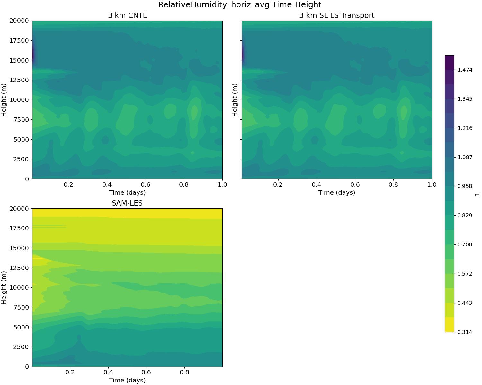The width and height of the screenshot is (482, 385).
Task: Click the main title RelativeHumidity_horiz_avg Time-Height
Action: pyautogui.click(x=239, y=5)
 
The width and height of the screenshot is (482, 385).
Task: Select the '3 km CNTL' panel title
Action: pyautogui.click(x=127, y=15)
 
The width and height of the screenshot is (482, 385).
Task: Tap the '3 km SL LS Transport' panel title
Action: pyautogui.click(x=336, y=15)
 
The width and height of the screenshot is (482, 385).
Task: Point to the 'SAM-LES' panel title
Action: pyautogui.click(x=127, y=203)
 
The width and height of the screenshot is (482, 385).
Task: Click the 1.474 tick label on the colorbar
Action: pyautogui.click(x=465, y=70)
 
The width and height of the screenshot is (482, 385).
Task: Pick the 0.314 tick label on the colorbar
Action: pyautogui.click(x=465, y=332)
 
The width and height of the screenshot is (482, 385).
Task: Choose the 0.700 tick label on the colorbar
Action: pyautogui.click(x=465, y=244)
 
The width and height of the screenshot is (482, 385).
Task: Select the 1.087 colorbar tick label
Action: pyautogui.click(x=465, y=157)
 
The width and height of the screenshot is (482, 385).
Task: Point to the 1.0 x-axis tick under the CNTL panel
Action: pyautogui.click(x=222, y=185)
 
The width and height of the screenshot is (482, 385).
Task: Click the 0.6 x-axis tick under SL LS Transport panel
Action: pyautogui.click(x=355, y=185)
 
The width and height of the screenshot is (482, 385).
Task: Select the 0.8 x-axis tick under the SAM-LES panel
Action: pyautogui.click(x=184, y=372)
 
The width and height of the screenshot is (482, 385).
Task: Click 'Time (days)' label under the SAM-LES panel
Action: pyautogui.click(x=127, y=380)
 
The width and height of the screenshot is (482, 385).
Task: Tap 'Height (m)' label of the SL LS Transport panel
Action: pyautogui.click(x=235, y=100)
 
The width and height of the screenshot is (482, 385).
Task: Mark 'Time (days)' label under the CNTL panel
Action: pyautogui.click(x=127, y=193)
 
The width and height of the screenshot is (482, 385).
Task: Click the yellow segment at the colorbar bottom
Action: pyautogui.click(x=450, y=325)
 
